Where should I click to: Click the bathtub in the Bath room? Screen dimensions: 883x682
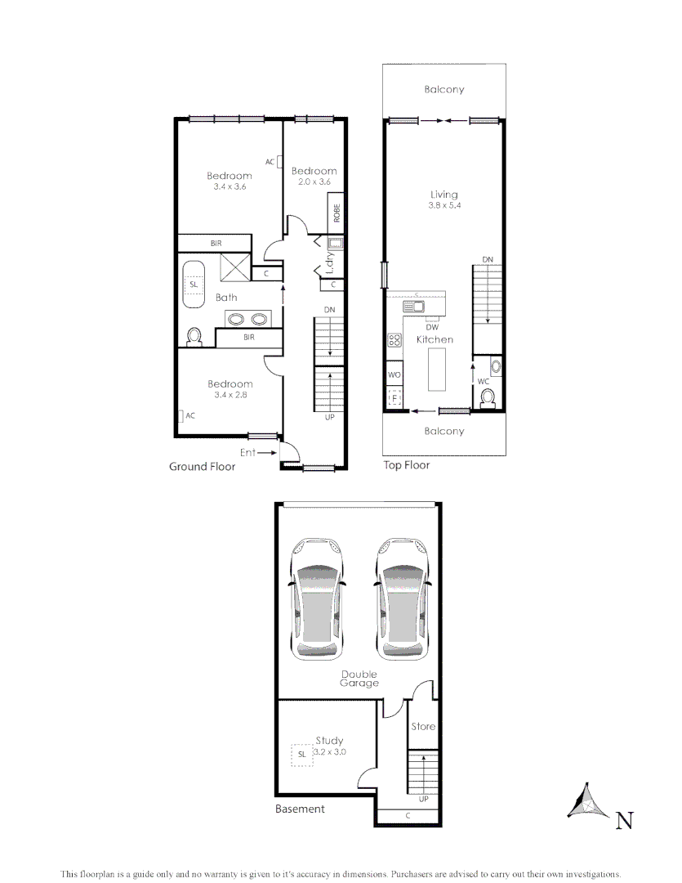[194, 285]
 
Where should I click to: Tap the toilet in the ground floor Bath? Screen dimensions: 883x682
[194, 336]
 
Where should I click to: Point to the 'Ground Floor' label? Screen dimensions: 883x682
[202, 467]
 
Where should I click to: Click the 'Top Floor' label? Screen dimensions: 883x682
[406, 465]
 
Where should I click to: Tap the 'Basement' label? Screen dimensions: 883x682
[300, 809]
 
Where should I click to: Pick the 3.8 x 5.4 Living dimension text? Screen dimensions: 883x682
[444, 206]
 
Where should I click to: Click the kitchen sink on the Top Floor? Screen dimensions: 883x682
[413, 307]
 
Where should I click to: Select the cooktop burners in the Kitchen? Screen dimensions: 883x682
[394, 340]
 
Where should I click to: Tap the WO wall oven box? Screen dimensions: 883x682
[394, 374]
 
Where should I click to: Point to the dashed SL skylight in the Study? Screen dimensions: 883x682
[301, 754]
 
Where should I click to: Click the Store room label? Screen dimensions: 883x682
[423, 726]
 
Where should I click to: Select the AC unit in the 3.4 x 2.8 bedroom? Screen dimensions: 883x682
[181, 415]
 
